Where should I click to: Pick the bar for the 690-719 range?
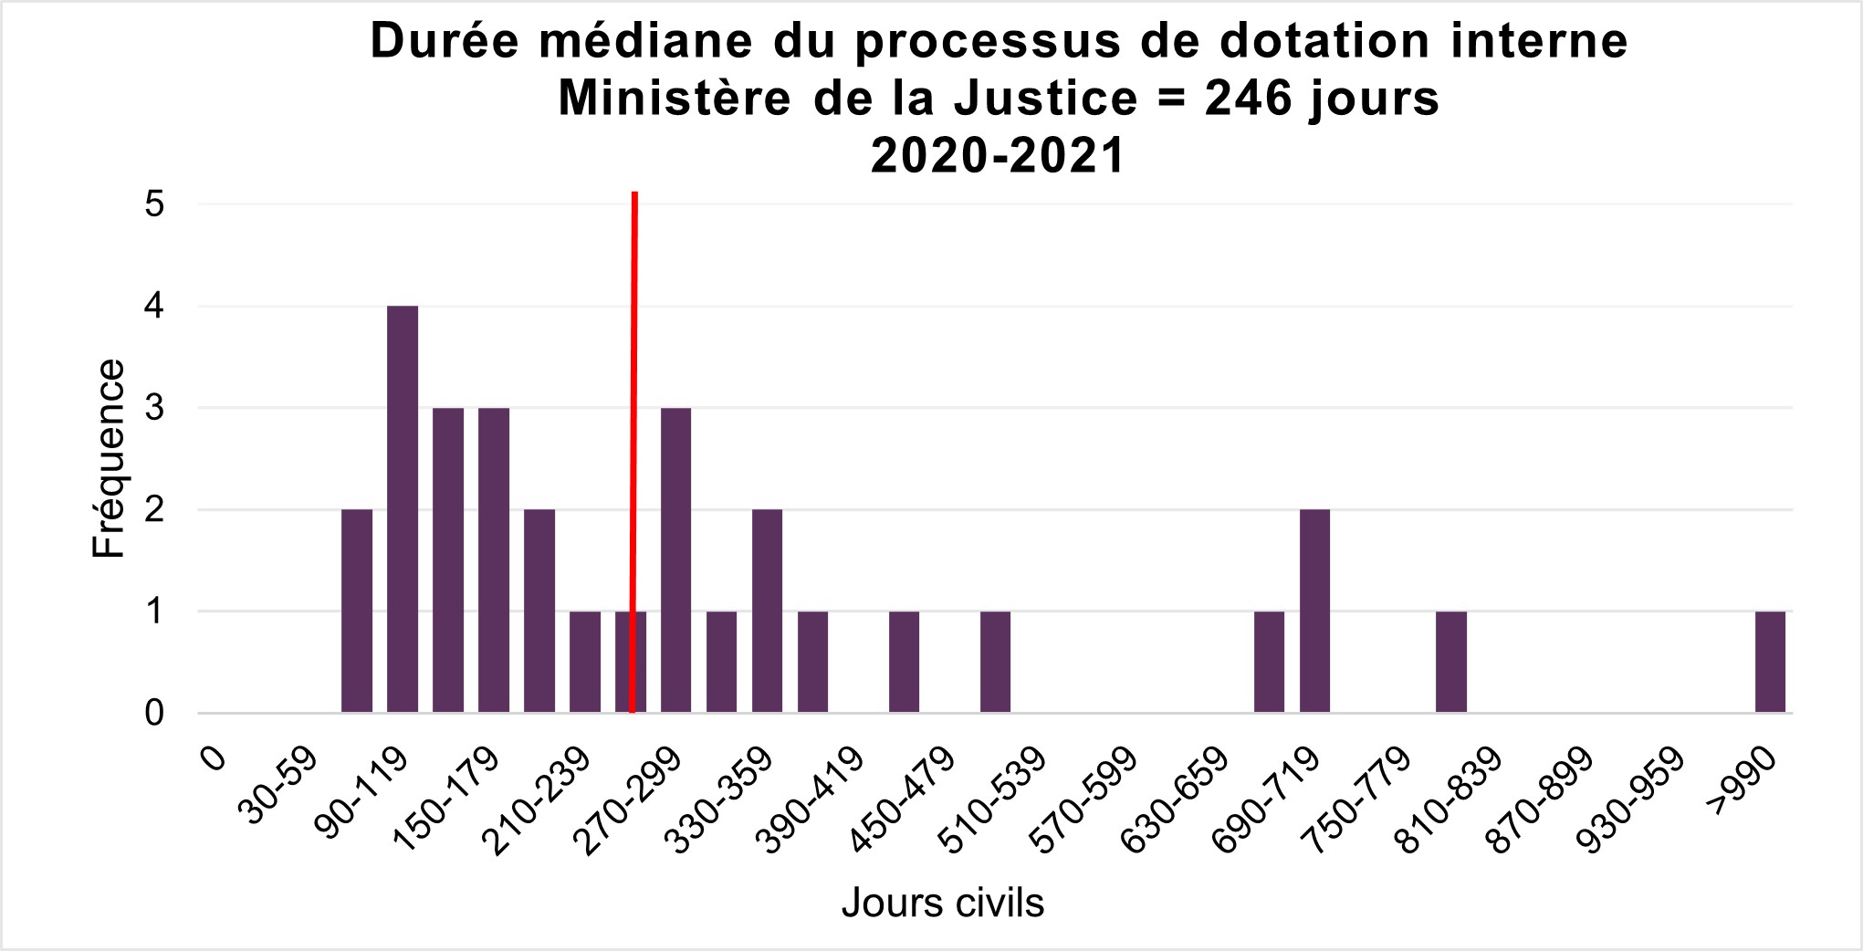click(1314, 611)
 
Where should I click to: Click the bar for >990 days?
click(1770, 662)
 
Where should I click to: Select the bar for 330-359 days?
click(767, 611)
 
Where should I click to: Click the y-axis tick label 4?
click(154, 306)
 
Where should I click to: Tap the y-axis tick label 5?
click(154, 204)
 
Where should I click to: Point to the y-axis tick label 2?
click(154, 509)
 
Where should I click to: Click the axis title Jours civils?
click(943, 903)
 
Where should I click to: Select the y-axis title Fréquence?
click(109, 458)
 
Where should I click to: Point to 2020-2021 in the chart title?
click(998, 156)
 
